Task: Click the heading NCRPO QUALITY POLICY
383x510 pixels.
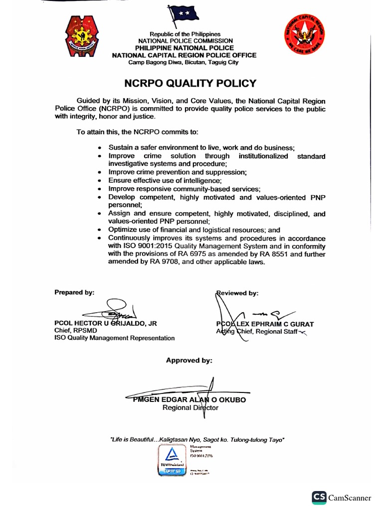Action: point(190,83)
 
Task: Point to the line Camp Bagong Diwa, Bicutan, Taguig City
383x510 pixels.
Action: point(184,62)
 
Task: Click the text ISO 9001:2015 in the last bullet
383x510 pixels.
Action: point(140,246)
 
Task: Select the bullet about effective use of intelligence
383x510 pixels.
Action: point(165,180)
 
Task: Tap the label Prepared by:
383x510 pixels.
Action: point(74,292)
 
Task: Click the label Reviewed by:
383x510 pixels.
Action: point(238,293)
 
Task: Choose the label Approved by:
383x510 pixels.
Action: point(189,360)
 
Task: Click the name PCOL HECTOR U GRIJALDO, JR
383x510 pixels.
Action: point(106,323)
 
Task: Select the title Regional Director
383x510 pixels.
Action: point(190,408)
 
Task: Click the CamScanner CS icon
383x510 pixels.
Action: point(319,497)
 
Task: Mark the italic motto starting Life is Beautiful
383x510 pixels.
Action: point(197,439)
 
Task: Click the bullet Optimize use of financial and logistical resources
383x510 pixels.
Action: point(194,230)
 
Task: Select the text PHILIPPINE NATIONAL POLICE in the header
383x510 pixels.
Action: point(185,48)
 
